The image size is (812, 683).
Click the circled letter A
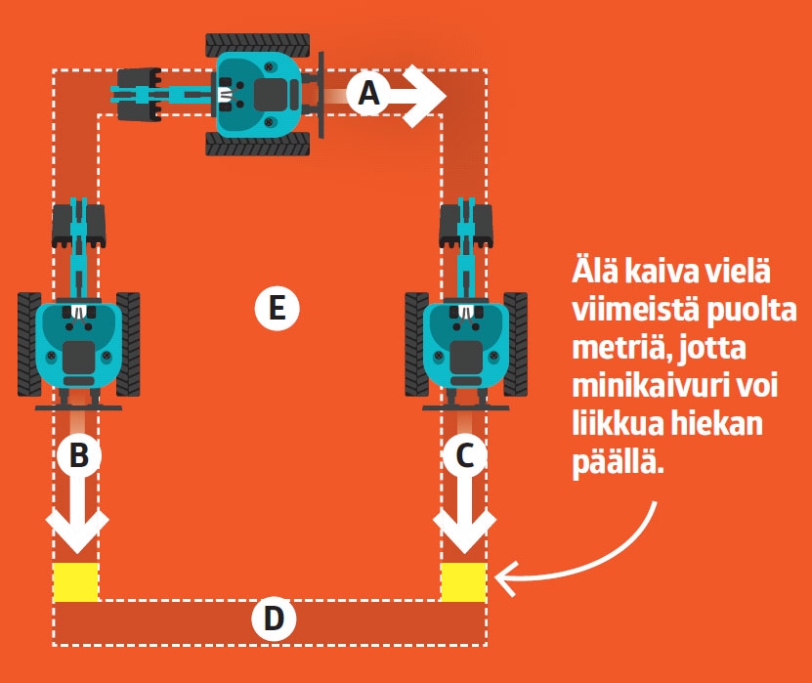click(x=367, y=94)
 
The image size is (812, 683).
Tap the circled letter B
click(x=78, y=455)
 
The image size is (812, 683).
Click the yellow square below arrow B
click(x=75, y=581)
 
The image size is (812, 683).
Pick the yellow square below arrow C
click(x=463, y=581)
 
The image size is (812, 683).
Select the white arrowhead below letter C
click(x=464, y=533)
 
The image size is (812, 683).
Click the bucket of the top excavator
click(x=138, y=94)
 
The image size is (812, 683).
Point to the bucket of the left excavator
click(x=76, y=225)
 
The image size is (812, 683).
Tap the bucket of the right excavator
click(x=465, y=225)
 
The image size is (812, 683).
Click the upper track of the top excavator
click(x=258, y=44)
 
